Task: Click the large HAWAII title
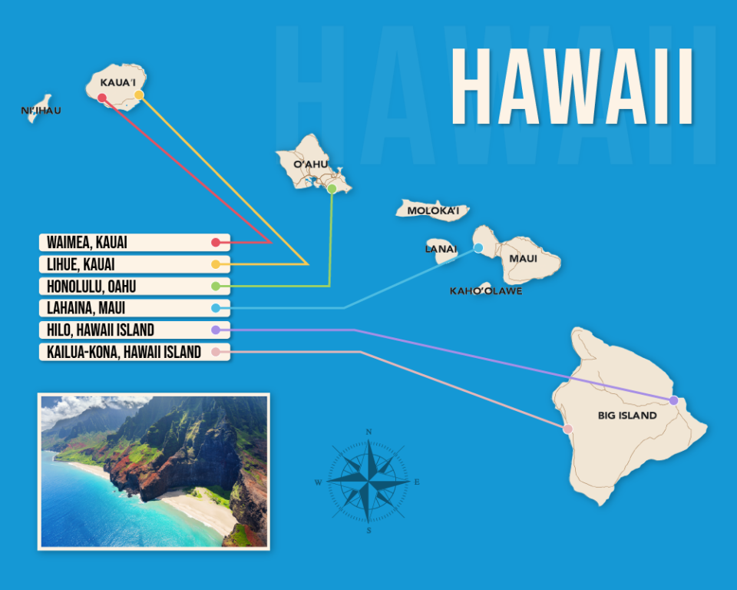pos(572,87)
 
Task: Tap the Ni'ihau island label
pos(41,111)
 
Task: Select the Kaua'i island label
pos(117,81)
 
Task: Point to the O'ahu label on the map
pos(311,164)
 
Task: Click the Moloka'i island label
pos(433,210)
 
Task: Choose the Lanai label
pos(441,249)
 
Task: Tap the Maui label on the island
pos(523,258)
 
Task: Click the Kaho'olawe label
pos(486,291)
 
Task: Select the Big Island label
pos(627,416)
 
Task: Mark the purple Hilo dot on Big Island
pos(673,400)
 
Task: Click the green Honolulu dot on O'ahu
pos(332,188)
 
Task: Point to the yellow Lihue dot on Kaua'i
pos(139,94)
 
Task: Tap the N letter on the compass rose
pos(369,433)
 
